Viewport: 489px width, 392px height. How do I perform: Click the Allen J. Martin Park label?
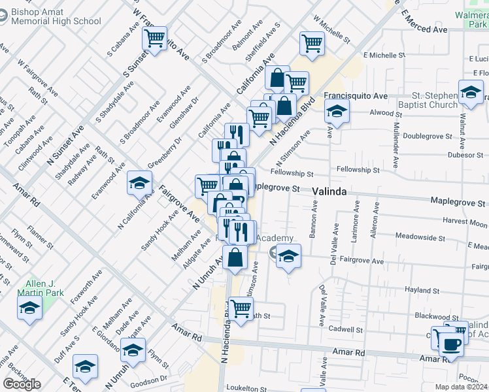[40, 288]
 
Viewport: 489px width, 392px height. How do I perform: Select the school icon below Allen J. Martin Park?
[30, 307]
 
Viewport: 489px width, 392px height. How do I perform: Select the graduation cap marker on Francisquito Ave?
[337, 111]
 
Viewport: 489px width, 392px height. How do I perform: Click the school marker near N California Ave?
[140, 184]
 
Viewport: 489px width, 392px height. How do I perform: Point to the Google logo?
[22, 384]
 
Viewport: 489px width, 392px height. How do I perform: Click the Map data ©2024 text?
[462, 387]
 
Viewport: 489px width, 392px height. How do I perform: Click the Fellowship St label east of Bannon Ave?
[358, 170]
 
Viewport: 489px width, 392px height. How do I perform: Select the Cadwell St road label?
[346, 329]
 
